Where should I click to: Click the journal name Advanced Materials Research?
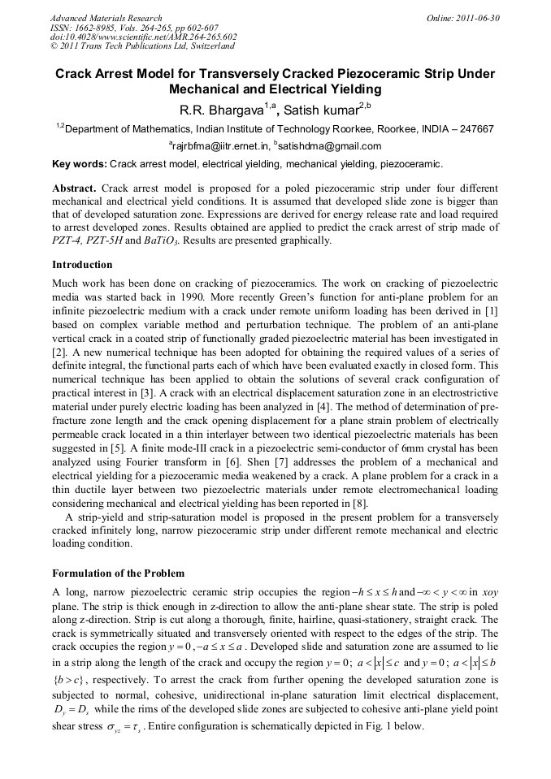click(106, 18)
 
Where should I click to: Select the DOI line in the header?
click(144, 37)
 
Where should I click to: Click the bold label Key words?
click(79, 163)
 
